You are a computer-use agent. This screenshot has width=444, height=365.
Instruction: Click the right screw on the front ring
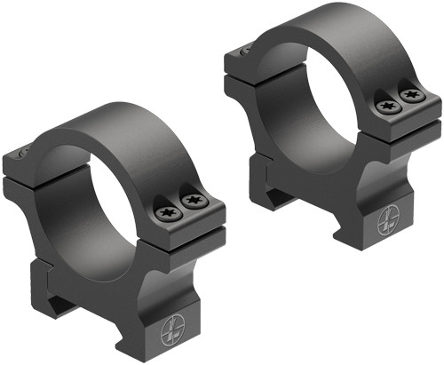(190, 203)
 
